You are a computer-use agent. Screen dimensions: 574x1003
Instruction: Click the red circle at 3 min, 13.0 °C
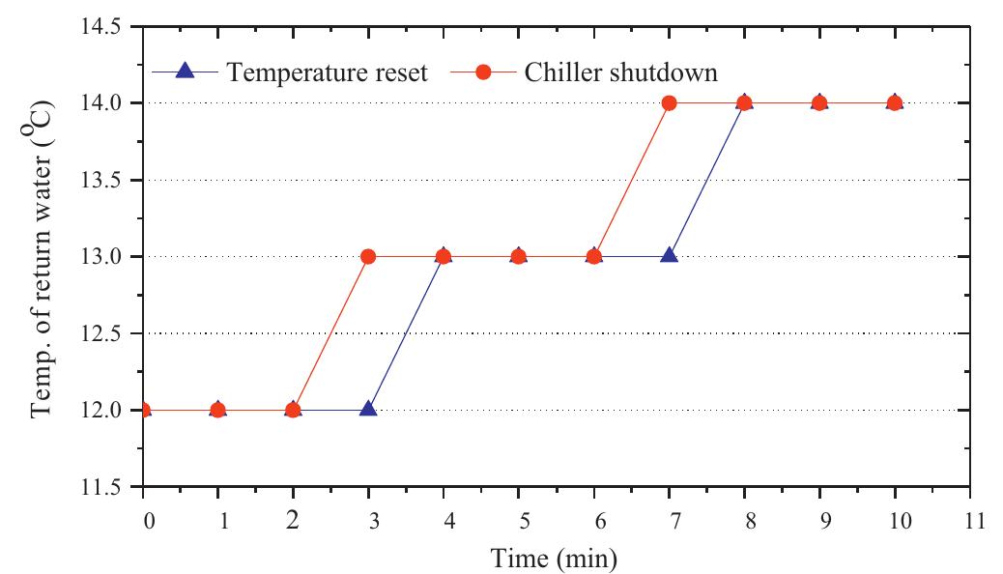pyautogui.click(x=368, y=256)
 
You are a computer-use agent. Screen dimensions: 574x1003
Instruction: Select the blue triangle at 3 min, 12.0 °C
pyautogui.click(x=368, y=409)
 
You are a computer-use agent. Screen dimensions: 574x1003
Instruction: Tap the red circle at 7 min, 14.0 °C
pyautogui.click(x=669, y=102)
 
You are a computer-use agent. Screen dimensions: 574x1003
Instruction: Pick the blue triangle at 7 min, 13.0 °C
pyautogui.click(x=669, y=255)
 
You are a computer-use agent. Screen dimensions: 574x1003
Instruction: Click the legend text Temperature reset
pyautogui.click(x=327, y=72)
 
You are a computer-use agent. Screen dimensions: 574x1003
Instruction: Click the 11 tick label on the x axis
pyautogui.click(x=969, y=521)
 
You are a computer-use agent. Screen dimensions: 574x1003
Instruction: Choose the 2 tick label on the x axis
pyautogui.click(x=294, y=521)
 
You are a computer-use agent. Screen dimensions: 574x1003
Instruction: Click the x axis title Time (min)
pyautogui.click(x=553, y=558)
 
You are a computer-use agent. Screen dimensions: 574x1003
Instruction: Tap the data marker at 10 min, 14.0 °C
pyautogui.click(x=894, y=102)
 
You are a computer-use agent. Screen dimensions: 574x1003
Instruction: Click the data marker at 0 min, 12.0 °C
pyautogui.click(x=144, y=410)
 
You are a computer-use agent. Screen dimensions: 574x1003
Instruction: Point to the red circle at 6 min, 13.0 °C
pyautogui.click(x=593, y=256)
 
